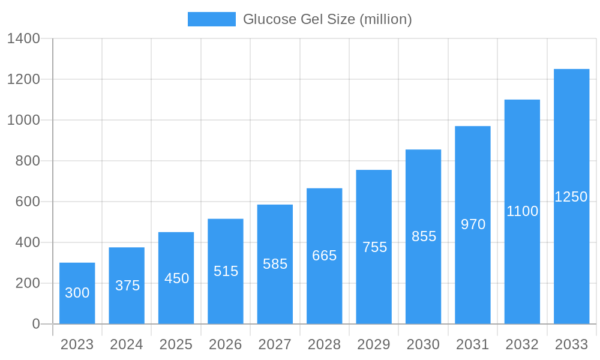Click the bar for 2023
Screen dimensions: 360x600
click(77, 293)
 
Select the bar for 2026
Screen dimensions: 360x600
click(226, 271)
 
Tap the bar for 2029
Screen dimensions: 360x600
click(374, 247)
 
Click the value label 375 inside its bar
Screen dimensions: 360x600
click(127, 286)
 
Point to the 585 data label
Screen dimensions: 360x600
click(275, 264)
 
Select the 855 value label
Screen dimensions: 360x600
click(424, 236)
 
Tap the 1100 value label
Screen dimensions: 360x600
click(522, 211)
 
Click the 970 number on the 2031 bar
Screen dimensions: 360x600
click(473, 224)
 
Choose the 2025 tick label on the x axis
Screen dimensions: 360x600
click(176, 344)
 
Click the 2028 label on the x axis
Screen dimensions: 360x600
click(324, 344)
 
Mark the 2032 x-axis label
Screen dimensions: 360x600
click(522, 344)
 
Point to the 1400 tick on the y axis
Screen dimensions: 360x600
click(23, 39)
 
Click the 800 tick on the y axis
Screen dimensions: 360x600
click(28, 161)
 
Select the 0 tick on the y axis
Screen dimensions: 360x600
click(36, 324)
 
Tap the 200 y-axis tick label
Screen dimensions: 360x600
click(28, 283)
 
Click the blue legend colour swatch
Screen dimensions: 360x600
click(211, 19)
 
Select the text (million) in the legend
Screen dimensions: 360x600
click(385, 19)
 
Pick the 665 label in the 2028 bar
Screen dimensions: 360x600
click(324, 256)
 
